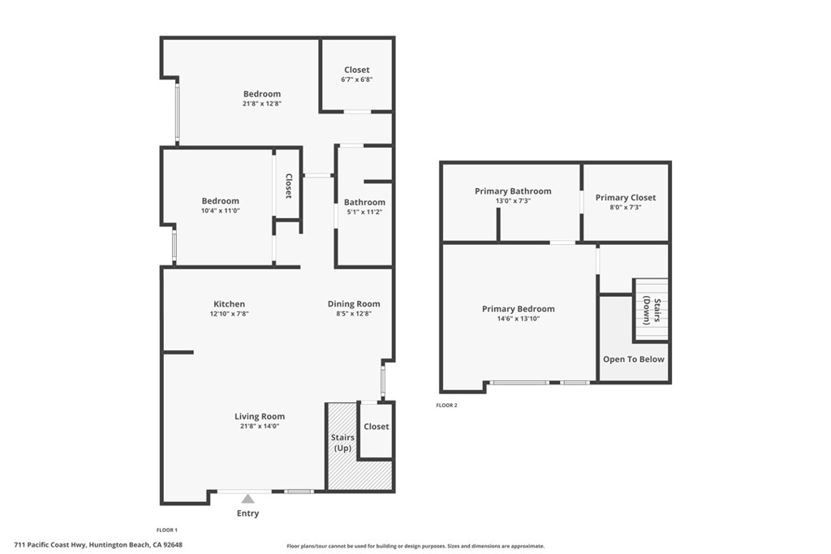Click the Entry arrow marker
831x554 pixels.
pyautogui.click(x=248, y=499)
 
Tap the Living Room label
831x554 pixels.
pyautogui.click(x=260, y=416)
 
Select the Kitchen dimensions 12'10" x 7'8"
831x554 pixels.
pyautogui.click(x=229, y=314)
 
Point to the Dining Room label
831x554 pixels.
pyautogui.click(x=354, y=304)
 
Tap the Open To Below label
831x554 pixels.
pyautogui.click(x=633, y=359)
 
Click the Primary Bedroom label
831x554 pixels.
pyautogui.click(x=518, y=309)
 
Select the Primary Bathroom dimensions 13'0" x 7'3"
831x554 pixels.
pyautogui.click(x=513, y=201)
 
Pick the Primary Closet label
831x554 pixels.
pyautogui.click(x=625, y=197)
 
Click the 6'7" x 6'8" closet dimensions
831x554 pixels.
pyautogui.click(x=356, y=79)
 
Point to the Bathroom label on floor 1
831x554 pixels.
pyautogui.click(x=364, y=202)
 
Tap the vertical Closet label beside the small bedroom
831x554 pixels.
pyautogui.click(x=288, y=186)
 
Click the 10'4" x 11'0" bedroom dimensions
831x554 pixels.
pyautogui.click(x=221, y=211)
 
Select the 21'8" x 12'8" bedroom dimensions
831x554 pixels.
pyautogui.click(x=262, y=104)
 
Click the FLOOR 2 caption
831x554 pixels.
pyautogui.click(x=446, y=405)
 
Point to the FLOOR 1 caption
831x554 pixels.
pyautogui.click(x=166, y=529)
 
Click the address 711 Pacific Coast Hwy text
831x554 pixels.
pyautogui.click(x=98, y=545)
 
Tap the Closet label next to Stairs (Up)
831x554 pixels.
pyautogui.click(x=376, y=426)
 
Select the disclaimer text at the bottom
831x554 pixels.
pyautogui.click(x=415, y=546)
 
